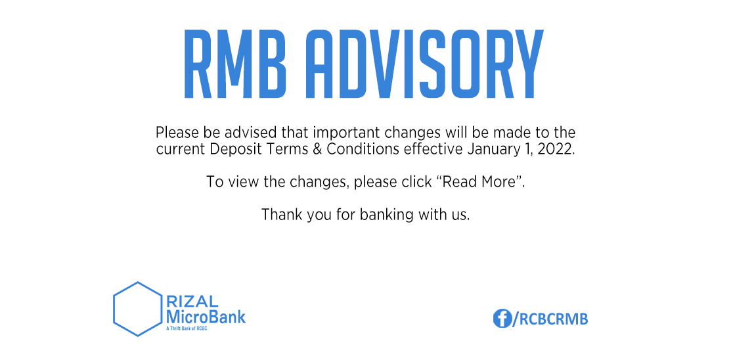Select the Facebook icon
click(502, 319)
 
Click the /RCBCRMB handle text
click(550, 319)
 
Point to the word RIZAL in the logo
click(192, 302)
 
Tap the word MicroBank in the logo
click(206, 317)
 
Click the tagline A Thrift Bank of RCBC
click(186, 328)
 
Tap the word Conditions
click(363, 149)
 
